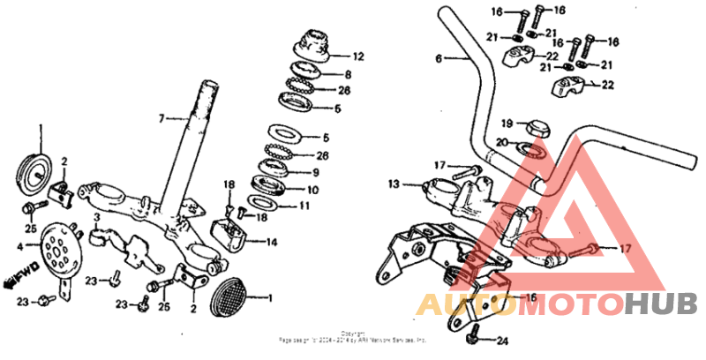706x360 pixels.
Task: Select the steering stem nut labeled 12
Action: (312, 43)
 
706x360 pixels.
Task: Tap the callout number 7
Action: (161, 118)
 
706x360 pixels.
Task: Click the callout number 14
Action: (271, 241)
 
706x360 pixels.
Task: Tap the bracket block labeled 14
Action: (237, 231)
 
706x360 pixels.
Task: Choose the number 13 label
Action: (394, 184)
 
